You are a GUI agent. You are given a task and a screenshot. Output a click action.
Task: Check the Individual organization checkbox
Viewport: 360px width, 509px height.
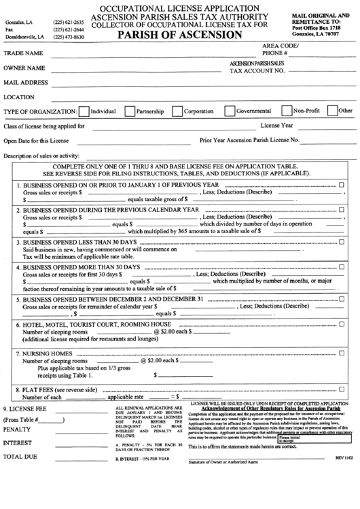84,111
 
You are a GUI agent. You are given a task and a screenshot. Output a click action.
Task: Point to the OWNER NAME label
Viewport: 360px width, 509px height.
24,68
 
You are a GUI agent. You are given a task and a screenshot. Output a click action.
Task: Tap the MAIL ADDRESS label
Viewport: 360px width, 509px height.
26,83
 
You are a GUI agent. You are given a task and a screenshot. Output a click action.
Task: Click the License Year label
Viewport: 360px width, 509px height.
277,126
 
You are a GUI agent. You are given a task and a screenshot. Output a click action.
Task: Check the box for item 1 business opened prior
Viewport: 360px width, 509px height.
341,185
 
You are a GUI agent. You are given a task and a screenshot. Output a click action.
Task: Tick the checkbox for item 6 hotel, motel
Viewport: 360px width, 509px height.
341,323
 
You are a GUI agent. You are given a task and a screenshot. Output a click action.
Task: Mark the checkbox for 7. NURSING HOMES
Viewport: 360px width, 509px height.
341,353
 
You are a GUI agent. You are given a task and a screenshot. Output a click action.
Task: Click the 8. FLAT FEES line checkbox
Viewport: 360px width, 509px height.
341,389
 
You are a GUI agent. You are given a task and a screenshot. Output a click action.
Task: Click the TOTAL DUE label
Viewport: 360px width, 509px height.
21,457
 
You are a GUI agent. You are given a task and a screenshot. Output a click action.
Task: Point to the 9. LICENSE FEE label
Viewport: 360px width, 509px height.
25,408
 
